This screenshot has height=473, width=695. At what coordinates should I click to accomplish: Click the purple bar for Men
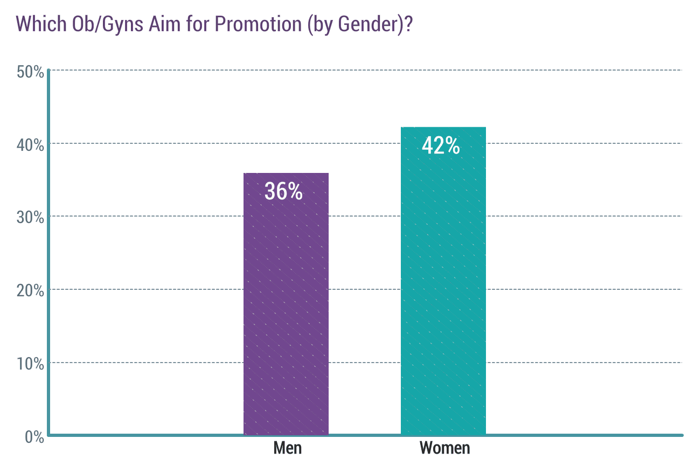[286, 304]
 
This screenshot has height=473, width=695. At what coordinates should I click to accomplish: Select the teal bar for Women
[443, 281]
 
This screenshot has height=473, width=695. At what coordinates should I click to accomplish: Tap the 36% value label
[283, 191]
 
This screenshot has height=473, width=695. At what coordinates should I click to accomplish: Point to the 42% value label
[441, 145]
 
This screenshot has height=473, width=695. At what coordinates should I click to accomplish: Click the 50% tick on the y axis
[30, 72]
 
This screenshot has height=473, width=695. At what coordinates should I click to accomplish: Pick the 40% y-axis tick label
[30, 145]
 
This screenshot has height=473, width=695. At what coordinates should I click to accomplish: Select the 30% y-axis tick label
[30, 218]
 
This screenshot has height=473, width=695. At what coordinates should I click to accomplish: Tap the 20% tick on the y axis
[30, 290]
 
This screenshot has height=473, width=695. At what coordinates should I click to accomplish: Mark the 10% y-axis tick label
[30, 364]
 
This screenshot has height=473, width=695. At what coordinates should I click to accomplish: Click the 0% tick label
[34, 437]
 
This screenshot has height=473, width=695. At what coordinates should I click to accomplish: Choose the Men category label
[287, 448]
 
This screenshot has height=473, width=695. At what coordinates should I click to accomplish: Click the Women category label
[444, 448]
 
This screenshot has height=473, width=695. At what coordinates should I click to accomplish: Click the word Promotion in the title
[258, 24]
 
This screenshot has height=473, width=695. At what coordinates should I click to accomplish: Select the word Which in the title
[41, 24]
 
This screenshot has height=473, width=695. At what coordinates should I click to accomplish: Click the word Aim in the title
[164, 24]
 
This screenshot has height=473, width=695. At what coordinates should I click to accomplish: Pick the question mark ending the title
[408, 24]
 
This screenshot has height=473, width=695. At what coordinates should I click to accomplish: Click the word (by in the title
[319, 25]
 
